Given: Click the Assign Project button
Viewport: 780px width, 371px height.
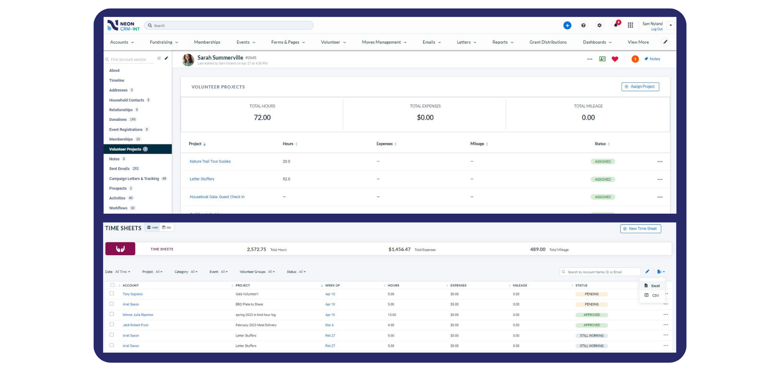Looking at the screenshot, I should (640, 87).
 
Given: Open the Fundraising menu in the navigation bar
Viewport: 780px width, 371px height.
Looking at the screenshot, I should (164, 42).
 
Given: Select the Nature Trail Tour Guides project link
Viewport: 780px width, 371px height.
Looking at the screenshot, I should (210, 161).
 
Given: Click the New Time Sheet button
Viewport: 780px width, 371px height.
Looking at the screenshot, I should (640, 229).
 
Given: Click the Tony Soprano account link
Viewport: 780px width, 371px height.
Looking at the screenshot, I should (132, 294).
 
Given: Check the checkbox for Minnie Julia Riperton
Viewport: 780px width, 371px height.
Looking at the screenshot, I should (112, 314).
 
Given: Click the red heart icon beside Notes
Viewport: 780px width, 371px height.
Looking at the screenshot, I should (615, 59).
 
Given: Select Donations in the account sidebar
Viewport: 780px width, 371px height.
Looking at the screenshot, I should (118, 120).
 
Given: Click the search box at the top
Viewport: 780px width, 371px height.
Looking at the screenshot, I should (230, 25).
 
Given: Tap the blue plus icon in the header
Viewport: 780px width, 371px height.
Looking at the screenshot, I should (567, 25).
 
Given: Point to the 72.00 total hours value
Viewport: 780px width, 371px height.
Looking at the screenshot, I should (262, 118).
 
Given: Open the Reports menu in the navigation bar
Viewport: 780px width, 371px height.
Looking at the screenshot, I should (503, 42).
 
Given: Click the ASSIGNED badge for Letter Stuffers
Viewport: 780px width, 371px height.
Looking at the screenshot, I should (602, 180).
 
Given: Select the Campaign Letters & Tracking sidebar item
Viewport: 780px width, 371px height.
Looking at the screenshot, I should (134, 179).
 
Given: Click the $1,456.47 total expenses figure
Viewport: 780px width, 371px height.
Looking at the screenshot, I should (399, 249).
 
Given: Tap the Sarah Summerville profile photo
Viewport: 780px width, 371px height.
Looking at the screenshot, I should (188, 60).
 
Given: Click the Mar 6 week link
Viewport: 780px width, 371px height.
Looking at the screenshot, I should (329, 325).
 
